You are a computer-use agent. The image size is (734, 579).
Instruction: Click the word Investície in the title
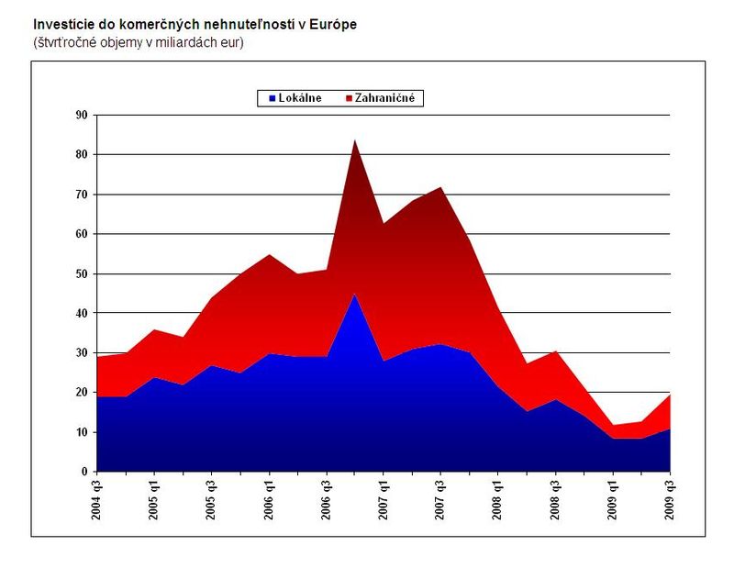click(62, 25)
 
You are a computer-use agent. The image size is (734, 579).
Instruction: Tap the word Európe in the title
click(333, 25)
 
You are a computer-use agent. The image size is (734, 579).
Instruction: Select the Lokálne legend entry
click(300, 98)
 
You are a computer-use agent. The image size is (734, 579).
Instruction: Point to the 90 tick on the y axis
click(81, 115)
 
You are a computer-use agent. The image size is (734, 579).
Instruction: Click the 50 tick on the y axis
click(81, 273)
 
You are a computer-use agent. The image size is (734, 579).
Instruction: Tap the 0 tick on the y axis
click(84, 472)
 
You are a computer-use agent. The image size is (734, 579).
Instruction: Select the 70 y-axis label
click(81, 195)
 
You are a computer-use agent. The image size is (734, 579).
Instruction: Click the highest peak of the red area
click(354, 140)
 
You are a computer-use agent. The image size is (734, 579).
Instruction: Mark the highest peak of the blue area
click(354, 295)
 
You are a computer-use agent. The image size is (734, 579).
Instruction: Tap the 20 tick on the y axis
click(81, 393)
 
